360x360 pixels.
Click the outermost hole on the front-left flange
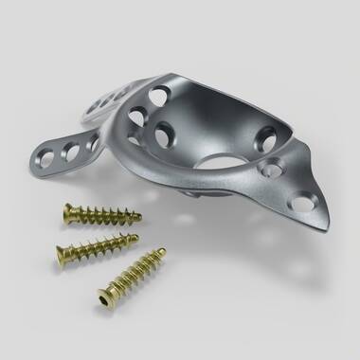48,153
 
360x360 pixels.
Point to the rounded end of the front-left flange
36,154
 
